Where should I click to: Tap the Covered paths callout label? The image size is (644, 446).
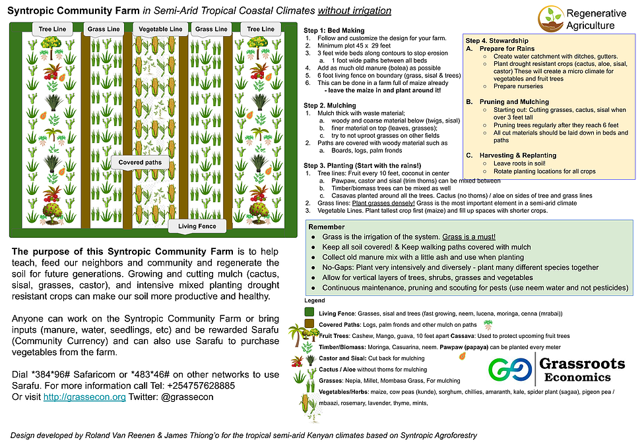click(x=140, y=162)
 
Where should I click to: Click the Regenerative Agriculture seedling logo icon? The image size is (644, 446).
click(x=551, y=17)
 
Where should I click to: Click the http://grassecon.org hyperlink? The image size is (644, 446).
click(x=84, y=397)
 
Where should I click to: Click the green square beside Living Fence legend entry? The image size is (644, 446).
click(x=309, y=312)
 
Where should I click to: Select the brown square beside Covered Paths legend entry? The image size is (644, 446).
click(x=309, y=324)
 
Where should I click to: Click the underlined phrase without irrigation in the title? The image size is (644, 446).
click(x=354, y=11)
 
